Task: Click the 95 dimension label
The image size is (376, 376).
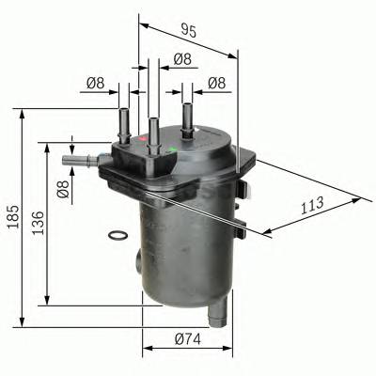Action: (189, 31)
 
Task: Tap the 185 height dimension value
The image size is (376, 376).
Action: (10, 216)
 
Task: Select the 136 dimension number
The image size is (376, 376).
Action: (38, 224)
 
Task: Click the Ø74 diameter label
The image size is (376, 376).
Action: (187, 339)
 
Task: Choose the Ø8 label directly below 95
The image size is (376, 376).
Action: (184, 59)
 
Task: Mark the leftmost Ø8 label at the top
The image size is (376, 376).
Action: (95, 84)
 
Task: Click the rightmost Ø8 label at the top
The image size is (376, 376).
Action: (217, 84)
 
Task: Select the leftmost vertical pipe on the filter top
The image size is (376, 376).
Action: (123, 124)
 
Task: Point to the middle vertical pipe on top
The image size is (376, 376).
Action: (152, 131)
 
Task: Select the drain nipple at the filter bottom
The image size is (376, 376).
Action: (217, 311)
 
